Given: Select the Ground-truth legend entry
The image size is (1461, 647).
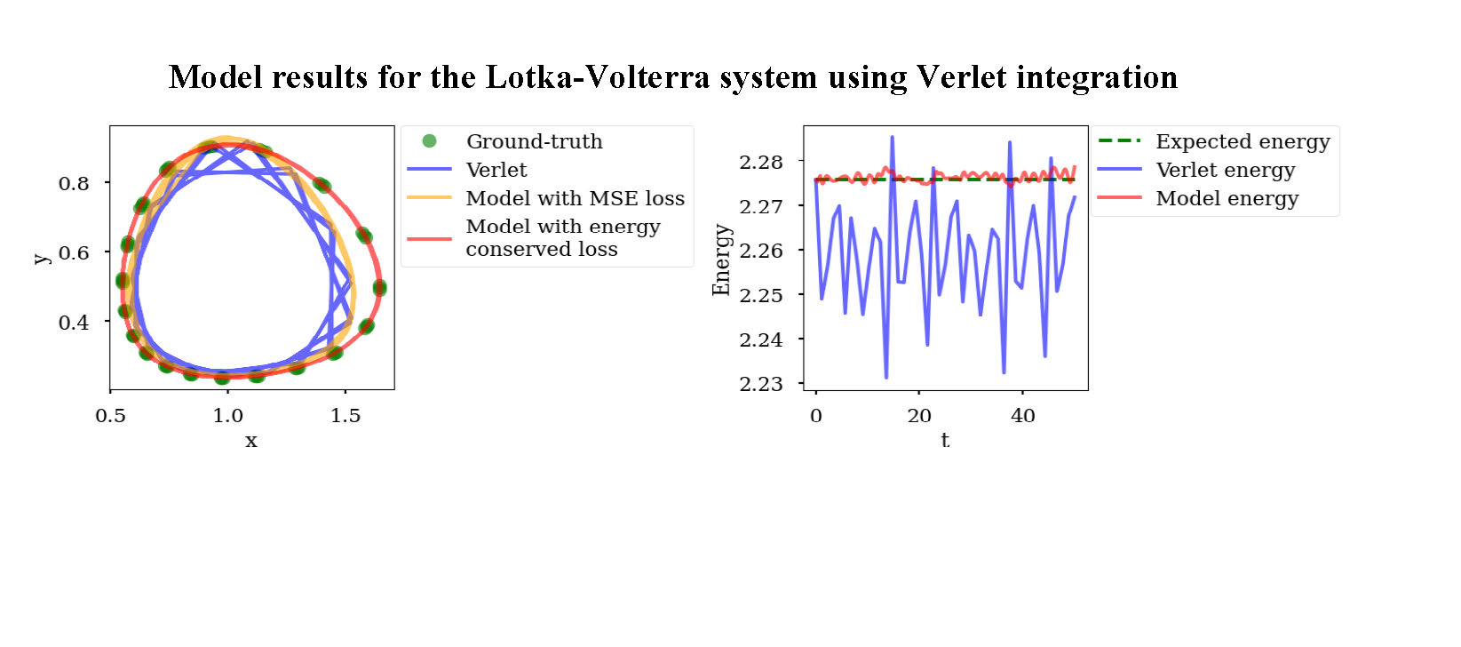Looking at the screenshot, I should pyautogui.click(x=534, y=141).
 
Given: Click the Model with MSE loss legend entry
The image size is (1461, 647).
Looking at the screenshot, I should pyautogui.click(x=575, y=198).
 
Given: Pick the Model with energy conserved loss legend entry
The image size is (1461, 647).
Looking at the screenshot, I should pyautogui.click(x=562, y=237).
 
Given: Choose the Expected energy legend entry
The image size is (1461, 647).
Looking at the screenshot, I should pyautogui.click(x=1242, y=141).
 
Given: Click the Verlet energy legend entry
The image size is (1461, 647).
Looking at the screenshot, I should pyautogui.click(x=1225, y=170).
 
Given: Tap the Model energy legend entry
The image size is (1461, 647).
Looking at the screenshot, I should pyautogui.click(x=1227, y=198).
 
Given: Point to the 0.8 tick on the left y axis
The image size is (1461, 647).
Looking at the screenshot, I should pyautogui.click(x=74, y=183).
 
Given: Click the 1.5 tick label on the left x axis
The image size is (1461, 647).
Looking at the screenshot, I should pyautogui.click(x=345, y=415).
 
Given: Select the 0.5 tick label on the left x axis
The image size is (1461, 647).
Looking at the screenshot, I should pyautogui.click(x=110, y=415).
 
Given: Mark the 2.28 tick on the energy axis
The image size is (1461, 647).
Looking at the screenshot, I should pyautogui.click(x=760, y=162).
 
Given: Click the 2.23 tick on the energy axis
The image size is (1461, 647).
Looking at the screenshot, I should pyautogui.click(x=760, y=384).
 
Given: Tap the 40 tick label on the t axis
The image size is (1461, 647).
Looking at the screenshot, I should pyautogui.click(x=1022, y=415).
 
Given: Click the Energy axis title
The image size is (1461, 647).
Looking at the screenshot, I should pyautogui.click(x=721, y=260).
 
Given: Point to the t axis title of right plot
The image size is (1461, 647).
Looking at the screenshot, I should pyautogui.click(x=945, y=440).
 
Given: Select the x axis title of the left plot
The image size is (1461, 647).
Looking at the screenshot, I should pyautogui.click(x=251, y=440).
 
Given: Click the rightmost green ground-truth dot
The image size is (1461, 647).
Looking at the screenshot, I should pyautogui.click(x=379, y=287).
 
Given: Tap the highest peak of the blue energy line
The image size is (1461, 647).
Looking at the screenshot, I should pyautogui.click(x=892, y=137).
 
